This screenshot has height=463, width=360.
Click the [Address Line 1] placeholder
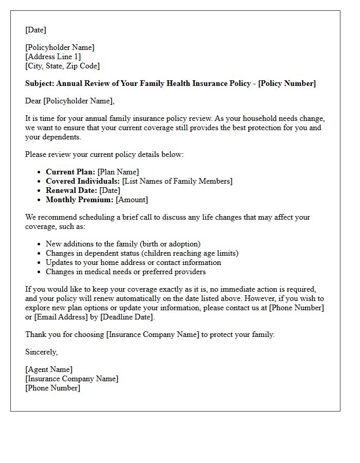tap(53, 57)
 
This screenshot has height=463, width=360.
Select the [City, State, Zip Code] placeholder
tap(62, 66)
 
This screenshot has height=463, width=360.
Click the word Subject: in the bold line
tap(40, 83)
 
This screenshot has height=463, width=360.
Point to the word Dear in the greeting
tap(33, 101)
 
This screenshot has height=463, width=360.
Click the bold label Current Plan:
tap(70, 172)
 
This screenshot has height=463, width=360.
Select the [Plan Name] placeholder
tap(118, 172)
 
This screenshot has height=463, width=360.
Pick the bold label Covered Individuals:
tap(83, 181)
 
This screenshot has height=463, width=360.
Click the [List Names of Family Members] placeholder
tap(177, 181)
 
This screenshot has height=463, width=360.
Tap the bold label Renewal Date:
tap(71, 190)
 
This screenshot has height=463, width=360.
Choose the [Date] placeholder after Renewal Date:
tap(110, 190)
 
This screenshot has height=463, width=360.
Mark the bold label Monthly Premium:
tap(80, 200)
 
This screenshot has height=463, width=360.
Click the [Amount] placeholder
tap(132, 200)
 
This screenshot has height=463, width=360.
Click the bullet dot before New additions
tap(39, 244)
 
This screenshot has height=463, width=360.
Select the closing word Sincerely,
tap(42, 352)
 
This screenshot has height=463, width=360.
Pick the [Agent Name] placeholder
tap(49, 369)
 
